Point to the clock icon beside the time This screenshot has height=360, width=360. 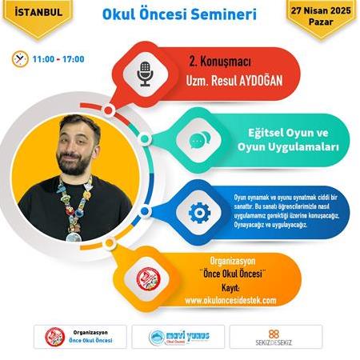pos(18,58)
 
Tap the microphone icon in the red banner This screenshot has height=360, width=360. pos(145,74)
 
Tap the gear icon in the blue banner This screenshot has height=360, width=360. pos(198,212)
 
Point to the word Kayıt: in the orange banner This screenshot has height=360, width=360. pos(230,287)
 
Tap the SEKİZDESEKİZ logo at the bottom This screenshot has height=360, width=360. pos(275,336)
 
